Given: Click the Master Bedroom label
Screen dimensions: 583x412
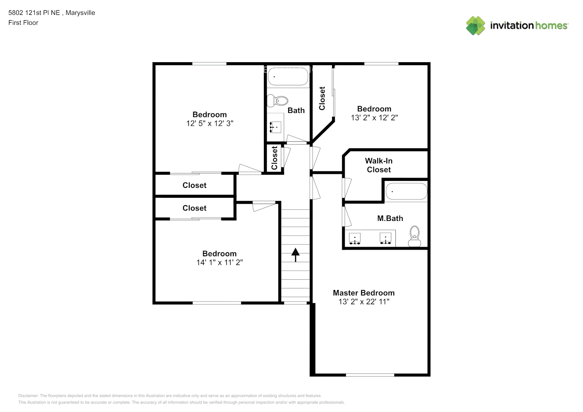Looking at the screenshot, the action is point(364,293).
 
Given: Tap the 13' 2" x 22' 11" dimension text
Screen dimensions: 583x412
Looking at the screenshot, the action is point(364,302).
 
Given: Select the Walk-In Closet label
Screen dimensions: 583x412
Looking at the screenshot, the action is point(378,165).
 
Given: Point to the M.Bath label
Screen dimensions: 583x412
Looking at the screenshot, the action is point(390,218).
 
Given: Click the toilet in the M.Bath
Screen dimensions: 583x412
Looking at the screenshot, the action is point(414,236).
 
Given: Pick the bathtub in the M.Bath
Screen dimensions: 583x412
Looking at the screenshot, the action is point(406,192).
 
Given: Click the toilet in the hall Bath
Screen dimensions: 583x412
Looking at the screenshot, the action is point(277,101).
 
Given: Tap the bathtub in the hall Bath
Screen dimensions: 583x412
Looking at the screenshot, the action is point(288,77).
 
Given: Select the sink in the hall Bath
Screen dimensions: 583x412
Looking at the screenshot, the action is point(275,127).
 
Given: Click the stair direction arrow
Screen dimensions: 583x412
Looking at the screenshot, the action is point(295,255).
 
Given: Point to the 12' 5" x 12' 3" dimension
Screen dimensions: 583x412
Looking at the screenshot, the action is point(209,123).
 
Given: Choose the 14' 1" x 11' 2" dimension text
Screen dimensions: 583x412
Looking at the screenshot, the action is point(219,262).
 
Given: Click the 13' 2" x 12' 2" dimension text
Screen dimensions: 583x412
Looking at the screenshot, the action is point(374,117).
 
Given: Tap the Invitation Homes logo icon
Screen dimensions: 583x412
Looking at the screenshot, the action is point(475,26).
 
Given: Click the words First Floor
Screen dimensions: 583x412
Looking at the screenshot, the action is point(23,23).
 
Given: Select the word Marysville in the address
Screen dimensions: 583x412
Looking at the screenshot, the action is point(80,13).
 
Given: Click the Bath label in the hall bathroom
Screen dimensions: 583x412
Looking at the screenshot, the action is point(296,110).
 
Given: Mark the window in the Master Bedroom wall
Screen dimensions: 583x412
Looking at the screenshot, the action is point(370,375).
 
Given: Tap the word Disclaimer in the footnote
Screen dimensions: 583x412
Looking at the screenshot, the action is point(28,396).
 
